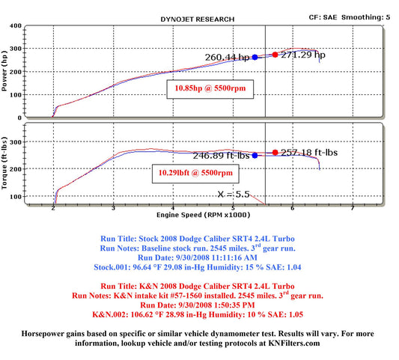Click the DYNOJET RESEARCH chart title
click(198, 19)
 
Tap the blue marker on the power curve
click(255, 57)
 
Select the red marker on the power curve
click(275, 55)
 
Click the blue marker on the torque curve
click(255, 156)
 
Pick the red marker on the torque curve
click(275, 153)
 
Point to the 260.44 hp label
click(227, 58)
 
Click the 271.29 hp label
click(303, 55)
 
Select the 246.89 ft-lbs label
click(221, 156)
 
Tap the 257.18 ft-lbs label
click(309, 153)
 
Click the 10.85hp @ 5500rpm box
click(210, 89)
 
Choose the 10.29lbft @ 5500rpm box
click(195, 174)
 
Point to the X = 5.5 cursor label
click(234, 195)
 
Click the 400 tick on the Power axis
click(16, 25)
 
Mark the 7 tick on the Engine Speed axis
click(353, 208)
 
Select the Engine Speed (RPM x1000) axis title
click(204, 215)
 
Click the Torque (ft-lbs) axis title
click(4, 163)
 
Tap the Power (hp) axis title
click(4, 71)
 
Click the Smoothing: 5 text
click(365, 17)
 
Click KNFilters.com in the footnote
click(294, 344)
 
